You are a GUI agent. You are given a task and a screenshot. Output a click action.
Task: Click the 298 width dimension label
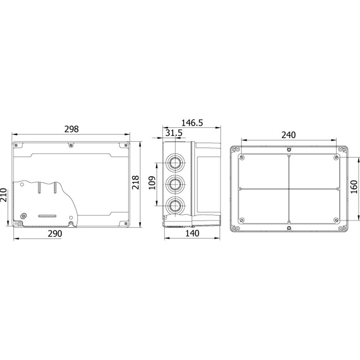click(x=71, y=129)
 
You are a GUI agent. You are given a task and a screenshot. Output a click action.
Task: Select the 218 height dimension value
click(x=135, y=182)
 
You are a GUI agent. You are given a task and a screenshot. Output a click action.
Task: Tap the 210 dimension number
click(x=4, y=195)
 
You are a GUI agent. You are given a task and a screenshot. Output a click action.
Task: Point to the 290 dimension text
click(x=55, y=234)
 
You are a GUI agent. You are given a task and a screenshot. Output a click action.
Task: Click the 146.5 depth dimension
click(x=192, y=123)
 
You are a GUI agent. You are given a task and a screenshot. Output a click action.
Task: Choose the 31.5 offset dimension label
click(x=174, y=133)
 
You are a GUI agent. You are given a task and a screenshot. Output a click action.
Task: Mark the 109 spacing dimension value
click(x=152, y=183)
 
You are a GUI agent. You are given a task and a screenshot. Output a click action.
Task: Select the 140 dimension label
click(x=192, y=233)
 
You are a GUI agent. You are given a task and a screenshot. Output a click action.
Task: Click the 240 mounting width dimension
click(x=289, y=135)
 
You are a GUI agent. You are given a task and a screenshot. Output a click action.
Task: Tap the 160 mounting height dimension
click(x=354, y=186)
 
